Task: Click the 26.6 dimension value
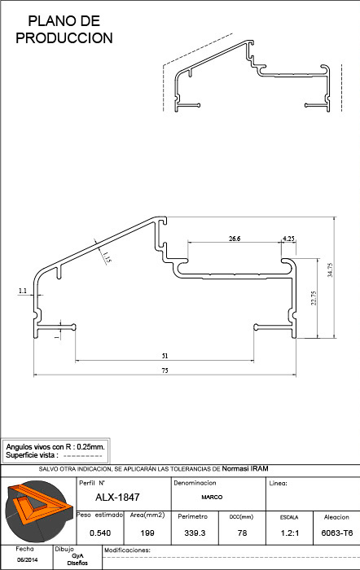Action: (x=235, y=239)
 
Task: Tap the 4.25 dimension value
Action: (x=288, y=239)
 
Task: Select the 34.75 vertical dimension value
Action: (x=330, y=270)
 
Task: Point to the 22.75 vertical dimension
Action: (x=314, y=298)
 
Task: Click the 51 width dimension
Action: (x=165, y=356)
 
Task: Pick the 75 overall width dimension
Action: (x=165, y=370)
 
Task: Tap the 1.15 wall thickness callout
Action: (x=106, y=257)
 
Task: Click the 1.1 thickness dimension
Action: (x=23, y=291)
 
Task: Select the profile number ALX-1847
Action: (x=117, y=498)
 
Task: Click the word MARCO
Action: (x=212, y=497)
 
